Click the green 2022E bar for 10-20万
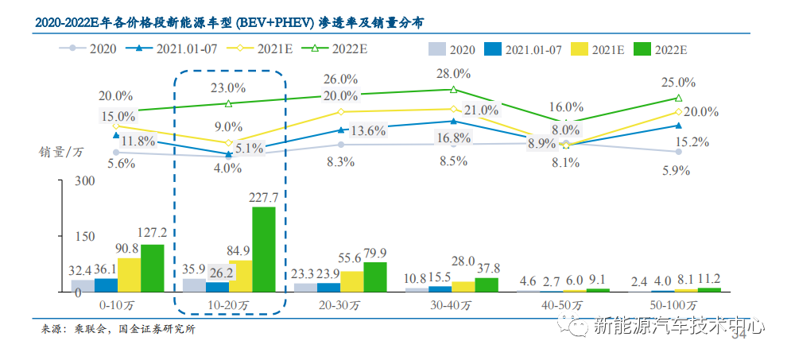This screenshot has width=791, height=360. click(x=264, y=249)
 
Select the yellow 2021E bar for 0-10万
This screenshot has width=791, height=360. click(x=129, y=275)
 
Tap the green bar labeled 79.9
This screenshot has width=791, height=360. click(x=375, y=277)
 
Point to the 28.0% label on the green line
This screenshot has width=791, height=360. click(x=453, y=74)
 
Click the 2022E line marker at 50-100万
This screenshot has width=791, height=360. click(x=678, y=99)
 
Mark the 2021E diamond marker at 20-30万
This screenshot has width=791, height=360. click(x=340, y=112)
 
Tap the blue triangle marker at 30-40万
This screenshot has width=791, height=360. click(x=453, y=122)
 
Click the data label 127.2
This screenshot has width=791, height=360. click(x=151, y=234)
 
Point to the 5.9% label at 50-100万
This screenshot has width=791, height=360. click(x=677, y=169)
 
